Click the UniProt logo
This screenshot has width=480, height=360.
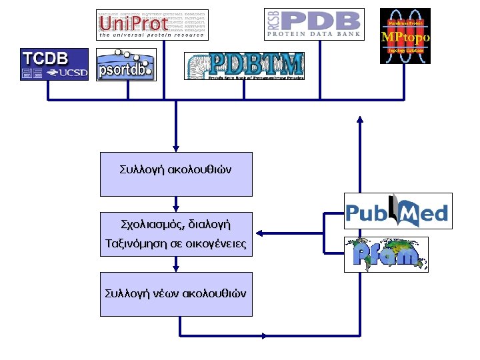pos(143,25)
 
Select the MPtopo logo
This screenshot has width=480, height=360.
pos(405,36)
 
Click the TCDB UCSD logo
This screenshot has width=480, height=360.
pos(54,64)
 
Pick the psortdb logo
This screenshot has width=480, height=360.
pos(126,65)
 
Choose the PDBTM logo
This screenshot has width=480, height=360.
pos(244,66)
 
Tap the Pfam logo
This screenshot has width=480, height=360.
pos(386,254)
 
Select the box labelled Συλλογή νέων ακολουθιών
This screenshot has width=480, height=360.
pos(176,293)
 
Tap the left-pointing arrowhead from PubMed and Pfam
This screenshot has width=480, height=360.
pos(261,233)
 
